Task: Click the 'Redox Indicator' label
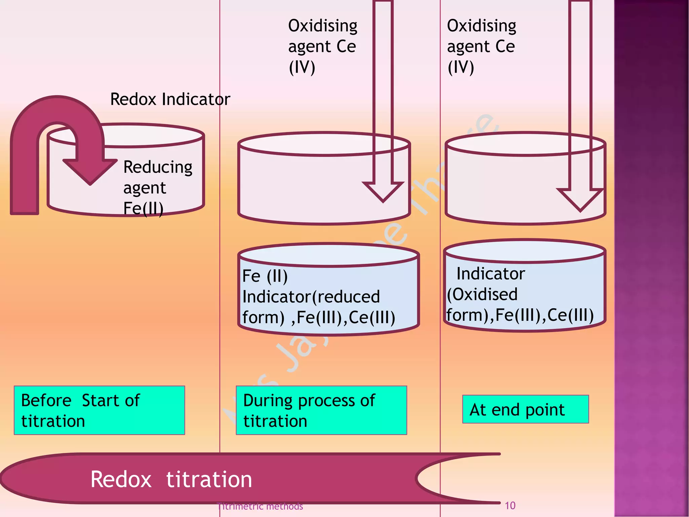[170, 99]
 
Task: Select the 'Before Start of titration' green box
[99, 410]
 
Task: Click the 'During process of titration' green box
[321, 410]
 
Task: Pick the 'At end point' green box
[525, 409]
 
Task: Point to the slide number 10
[510, 506]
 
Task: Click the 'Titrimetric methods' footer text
[260, 506]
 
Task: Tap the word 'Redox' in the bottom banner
[121, 479]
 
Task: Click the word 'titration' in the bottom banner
[209, 479]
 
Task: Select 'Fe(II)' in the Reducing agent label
[143, 208]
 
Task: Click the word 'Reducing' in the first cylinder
[158, 167]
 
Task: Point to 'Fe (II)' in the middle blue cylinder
[265, 276]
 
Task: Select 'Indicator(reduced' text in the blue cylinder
[311, 297]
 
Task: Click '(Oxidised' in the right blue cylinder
[482, 295]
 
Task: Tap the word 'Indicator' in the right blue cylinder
[491, 274]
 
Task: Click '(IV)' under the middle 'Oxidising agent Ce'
[302, 67]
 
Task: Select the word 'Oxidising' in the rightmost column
[481, 26]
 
